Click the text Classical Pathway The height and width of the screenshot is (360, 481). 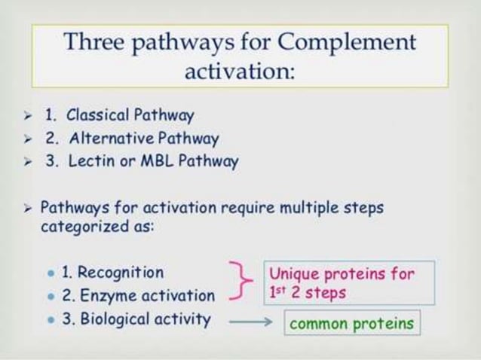coord(130,116)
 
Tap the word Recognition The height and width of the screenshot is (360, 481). coord(120,273)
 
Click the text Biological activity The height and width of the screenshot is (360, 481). coord(136,319)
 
